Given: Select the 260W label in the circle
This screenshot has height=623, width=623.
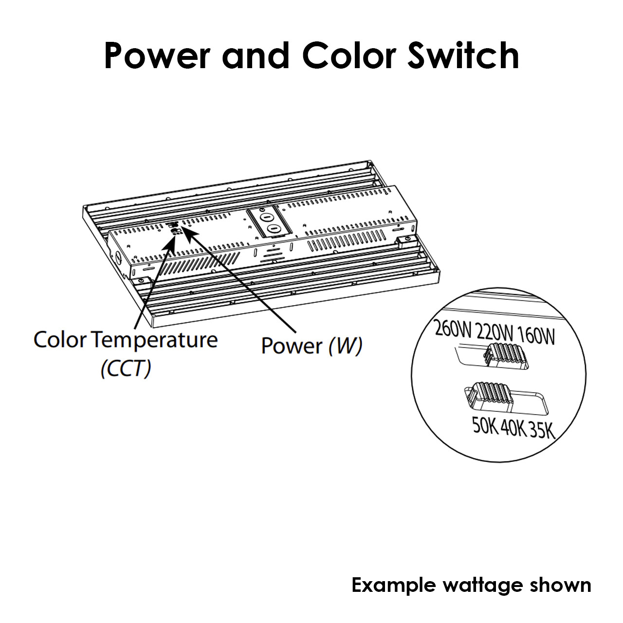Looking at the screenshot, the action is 453,328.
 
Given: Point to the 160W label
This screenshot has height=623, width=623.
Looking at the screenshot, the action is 536,336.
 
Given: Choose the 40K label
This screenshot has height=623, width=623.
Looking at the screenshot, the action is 513,428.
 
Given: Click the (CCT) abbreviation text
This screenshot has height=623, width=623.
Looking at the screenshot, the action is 126,368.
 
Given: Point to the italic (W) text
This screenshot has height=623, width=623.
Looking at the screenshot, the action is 345,346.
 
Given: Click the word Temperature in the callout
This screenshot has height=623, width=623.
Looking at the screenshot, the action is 156,341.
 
